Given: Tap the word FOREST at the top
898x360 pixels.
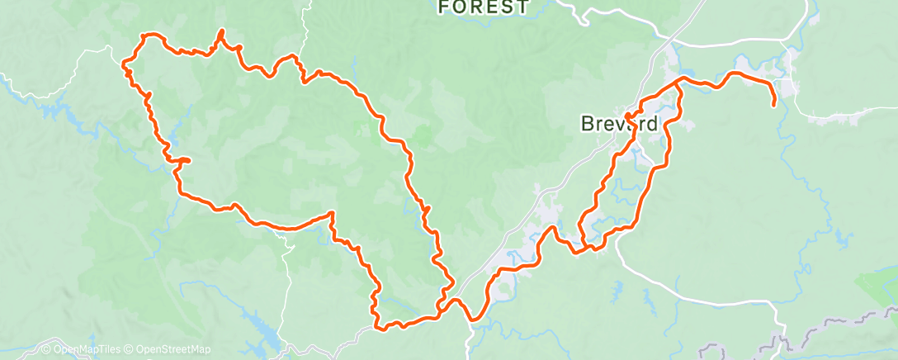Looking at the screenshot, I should coord(483,7).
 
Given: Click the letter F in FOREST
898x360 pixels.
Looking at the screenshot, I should coord(445,7).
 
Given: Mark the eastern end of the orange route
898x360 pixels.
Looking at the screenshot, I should coord(773,105).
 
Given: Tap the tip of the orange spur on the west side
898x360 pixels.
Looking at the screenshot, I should coord(189,160).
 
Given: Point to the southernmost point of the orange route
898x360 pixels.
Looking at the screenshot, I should coord(380,328).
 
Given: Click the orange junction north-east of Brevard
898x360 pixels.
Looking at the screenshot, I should coord(680,80).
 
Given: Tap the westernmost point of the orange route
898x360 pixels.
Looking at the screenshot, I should coord(124,63).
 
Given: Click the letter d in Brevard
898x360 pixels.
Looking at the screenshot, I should coord(653,125).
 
